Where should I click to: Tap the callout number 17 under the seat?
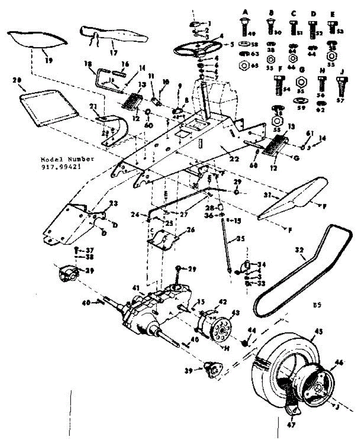(x=113, y=52)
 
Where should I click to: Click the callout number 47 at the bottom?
(x=292, y=425)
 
